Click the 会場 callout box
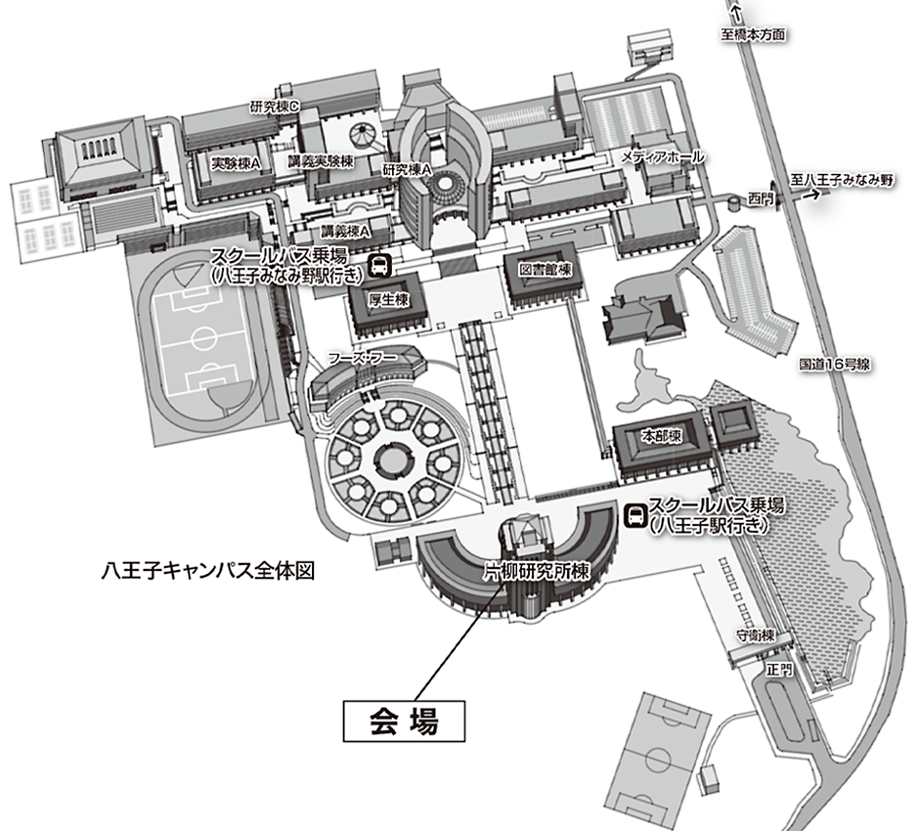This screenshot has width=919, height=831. click(404, 721)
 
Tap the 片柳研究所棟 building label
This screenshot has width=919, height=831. click(537, 571)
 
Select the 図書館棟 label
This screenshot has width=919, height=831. click(546, 270)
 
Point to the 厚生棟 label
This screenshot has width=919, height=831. click(388, 299)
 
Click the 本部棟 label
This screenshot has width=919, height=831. click(662, 436)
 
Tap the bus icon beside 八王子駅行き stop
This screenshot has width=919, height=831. click(635, 516)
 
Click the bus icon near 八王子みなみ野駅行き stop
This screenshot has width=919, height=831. click(379, 266)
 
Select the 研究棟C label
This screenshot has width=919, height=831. click(275, 108)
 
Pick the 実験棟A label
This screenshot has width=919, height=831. click(236, 164)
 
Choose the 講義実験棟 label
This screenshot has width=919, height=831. click(321, 161)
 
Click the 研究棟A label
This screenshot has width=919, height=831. click(408, 170)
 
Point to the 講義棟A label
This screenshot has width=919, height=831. click(346, 232)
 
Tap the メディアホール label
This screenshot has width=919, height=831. click(662, 156)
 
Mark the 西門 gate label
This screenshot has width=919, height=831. click(761, 199)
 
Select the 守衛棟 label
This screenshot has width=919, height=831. click(756, 635)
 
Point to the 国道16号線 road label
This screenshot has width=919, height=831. click(835, 364)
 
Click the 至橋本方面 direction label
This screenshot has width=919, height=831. click(753, 34)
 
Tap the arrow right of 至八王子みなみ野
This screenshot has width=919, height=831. click(811, 196)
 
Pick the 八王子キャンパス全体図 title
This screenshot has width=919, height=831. click(208, 570)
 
